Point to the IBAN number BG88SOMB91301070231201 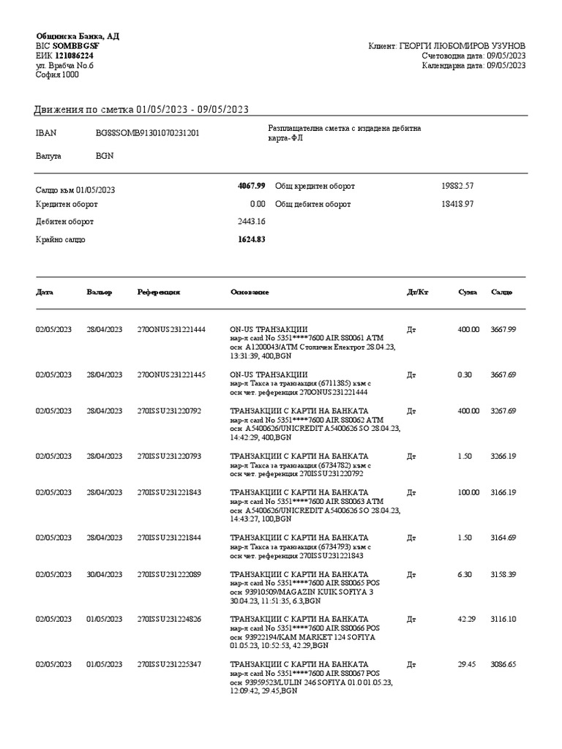coord(148,133)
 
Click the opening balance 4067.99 coord(251,187)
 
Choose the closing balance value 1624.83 coord(251,239)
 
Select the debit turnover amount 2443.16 coord(252,222)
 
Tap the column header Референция coord(159,293)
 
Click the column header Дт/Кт coord(417,293)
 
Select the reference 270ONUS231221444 coord(171,330)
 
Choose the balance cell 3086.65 coord(503,664)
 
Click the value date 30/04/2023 coord(104,574)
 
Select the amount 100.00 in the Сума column coord(469,493)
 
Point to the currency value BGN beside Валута coord(105,157)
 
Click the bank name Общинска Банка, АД coord(78,37)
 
